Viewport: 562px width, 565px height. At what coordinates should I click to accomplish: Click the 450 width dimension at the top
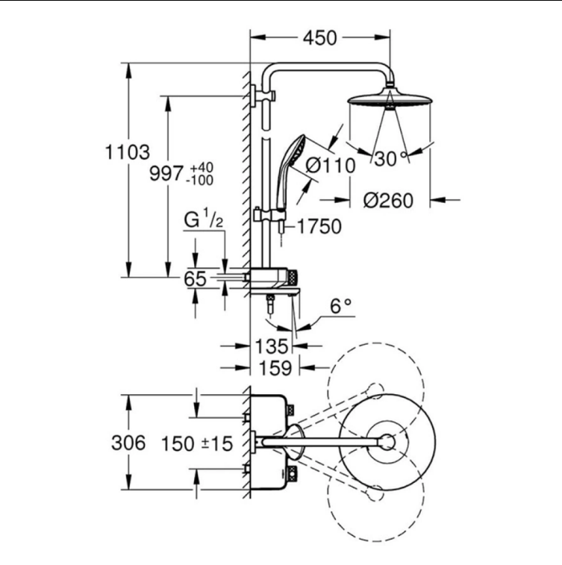[x=319, y=38]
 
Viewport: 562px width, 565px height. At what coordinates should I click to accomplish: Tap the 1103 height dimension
[x=127, y=152]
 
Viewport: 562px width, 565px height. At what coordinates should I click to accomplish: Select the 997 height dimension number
[x=166, y=174]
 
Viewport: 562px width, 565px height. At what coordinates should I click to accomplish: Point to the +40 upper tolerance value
[x=202, y=167]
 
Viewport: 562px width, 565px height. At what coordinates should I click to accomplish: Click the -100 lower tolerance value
[x=199, y=180]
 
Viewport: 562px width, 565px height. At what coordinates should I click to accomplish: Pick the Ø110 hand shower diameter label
[x=331, y=166]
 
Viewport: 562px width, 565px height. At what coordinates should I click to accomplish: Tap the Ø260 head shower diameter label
[x=388, y=200]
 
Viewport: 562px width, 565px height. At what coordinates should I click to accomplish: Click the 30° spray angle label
[x=391, y=158]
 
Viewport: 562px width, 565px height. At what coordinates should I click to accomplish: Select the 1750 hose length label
[x=319, y=227]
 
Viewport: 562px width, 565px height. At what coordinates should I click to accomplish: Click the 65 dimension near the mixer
[x=195, y=278]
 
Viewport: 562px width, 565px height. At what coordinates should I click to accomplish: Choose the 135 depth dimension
[x=272, y=346]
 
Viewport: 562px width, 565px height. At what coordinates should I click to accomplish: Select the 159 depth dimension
[x=275, y=368]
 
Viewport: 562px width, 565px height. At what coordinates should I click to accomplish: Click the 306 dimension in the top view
[x=128, y=443]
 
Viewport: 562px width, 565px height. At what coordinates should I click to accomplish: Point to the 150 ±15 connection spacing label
[x=197, y=443]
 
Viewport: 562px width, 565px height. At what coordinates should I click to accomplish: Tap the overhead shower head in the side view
[x=390, y=99]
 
